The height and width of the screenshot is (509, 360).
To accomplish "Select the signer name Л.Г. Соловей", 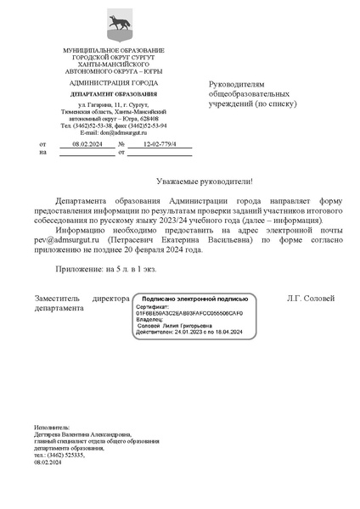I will coord(312,299).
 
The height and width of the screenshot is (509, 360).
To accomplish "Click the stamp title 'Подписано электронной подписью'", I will coord(194,299).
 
